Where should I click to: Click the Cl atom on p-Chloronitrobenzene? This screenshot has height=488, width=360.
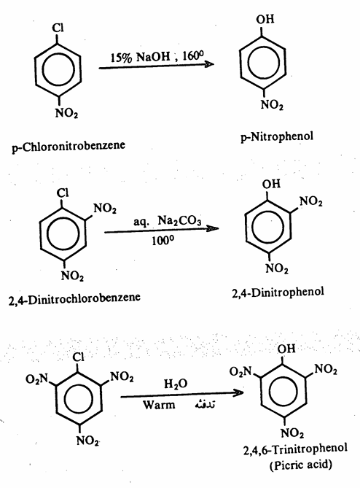pos(58,28)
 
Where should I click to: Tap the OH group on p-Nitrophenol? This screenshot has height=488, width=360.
pos(265,19)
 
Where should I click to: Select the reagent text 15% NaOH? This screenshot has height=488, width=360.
pos(141,57)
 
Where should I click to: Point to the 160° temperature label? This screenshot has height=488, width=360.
pos(193,55)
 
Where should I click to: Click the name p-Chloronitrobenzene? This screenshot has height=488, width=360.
pos(69,146)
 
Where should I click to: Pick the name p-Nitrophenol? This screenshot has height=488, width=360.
pos(277,136)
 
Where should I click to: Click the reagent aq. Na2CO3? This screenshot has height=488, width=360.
pos(168,221)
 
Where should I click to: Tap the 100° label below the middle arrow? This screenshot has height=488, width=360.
pos(163,240)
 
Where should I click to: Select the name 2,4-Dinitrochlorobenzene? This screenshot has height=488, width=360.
pos(74,298)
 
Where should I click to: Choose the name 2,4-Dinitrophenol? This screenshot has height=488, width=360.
pos(278,293)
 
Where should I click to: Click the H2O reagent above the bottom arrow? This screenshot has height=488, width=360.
pos(176,384)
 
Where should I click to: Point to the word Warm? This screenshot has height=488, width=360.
pos(159,405)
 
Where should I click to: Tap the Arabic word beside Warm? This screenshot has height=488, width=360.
pos(205,404)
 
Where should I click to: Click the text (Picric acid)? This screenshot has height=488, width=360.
pos(301,465)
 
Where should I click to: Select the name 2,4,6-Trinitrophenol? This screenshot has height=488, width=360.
pos(295,449)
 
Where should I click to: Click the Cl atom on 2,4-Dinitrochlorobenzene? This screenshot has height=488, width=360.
pos(63,193)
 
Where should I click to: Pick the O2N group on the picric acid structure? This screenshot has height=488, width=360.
pos(240,371)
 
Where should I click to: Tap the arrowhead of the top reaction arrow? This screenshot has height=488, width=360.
pos(209,64)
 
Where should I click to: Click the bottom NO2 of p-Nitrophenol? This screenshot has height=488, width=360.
pos(272,104)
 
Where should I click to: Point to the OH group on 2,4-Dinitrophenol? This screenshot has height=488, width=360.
pos(271,184)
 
